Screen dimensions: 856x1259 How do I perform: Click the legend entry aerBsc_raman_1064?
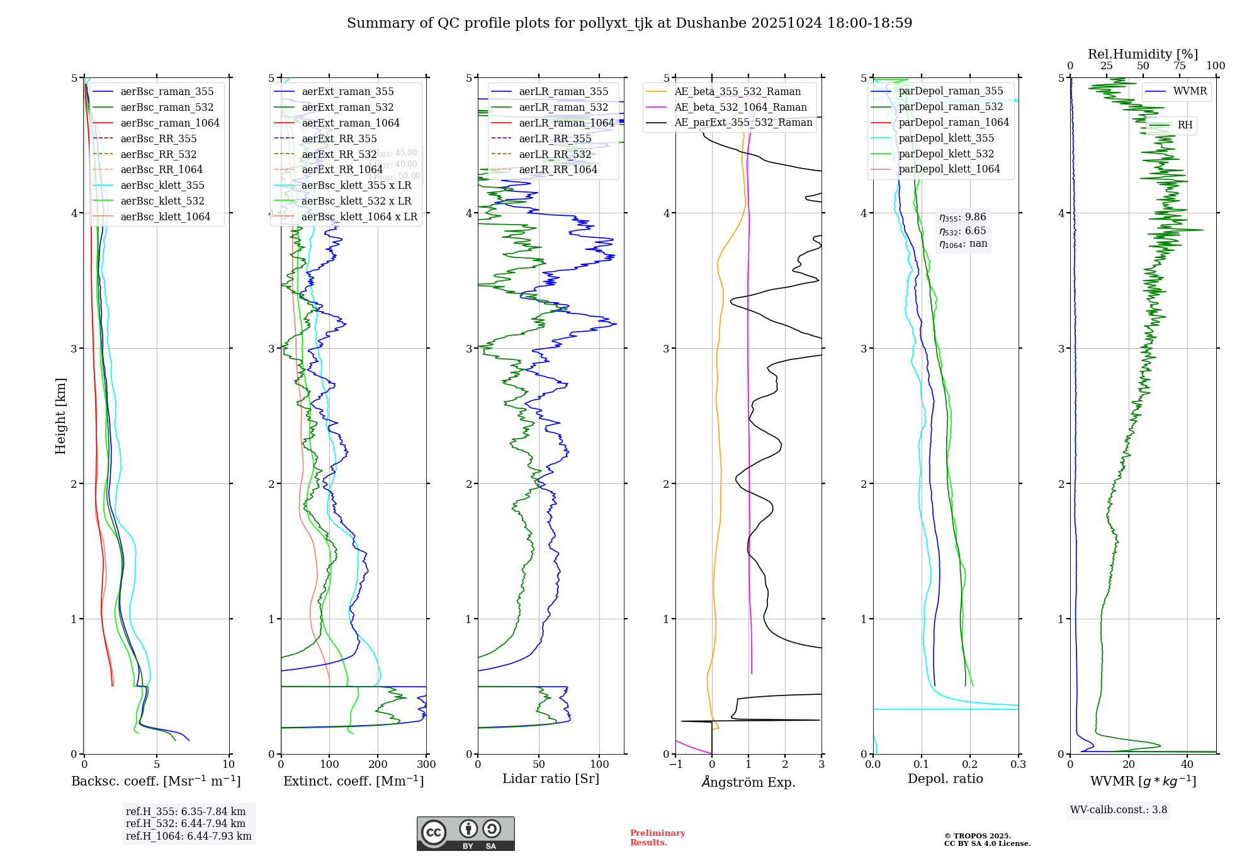pos(170,123)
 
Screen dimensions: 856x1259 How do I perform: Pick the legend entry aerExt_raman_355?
pos(347,91)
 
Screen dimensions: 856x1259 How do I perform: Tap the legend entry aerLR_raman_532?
pos(563,107)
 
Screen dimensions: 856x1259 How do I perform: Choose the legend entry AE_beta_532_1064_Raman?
pos(740,107)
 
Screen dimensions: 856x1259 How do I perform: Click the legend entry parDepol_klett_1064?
pos(949,169)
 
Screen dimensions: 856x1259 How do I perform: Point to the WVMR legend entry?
pos(1190,91)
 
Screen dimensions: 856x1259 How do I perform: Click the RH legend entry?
pos(1185,125)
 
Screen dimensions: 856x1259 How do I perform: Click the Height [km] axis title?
pos(60,416)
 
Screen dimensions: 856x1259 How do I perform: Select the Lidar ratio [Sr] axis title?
pos(551,779)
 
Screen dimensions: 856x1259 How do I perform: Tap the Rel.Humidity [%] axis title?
pos(1143,54)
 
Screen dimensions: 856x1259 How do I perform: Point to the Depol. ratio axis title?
pos(945,779)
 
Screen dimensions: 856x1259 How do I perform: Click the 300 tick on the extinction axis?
pos(426,764)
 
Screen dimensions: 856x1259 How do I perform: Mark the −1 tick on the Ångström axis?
pos(675,764)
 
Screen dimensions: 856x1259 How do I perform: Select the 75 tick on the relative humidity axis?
pos(1179,65)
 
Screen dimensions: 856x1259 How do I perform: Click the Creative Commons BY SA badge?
pos(465,833)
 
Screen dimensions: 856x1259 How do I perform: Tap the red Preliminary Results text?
pos(657,837)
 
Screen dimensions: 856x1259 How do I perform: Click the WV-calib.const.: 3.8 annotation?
pos(1118,809)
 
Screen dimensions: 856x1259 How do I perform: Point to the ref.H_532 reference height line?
pos(186,823)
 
